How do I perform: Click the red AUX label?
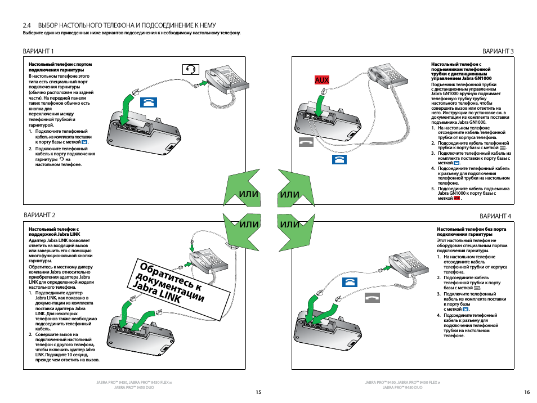[322, 80]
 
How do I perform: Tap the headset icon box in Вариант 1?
[191, 69]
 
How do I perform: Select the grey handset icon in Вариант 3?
[307, 142]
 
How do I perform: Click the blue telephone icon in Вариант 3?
[339, 160]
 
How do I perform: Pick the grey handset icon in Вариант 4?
[373, 297]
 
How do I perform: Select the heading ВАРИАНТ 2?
[39, 215]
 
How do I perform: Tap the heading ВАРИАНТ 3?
[498, 51]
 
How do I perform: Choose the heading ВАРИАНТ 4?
[495, 216]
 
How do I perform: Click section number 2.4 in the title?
[26, 25]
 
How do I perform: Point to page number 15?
[258, 392]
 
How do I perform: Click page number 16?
[527, 392]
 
